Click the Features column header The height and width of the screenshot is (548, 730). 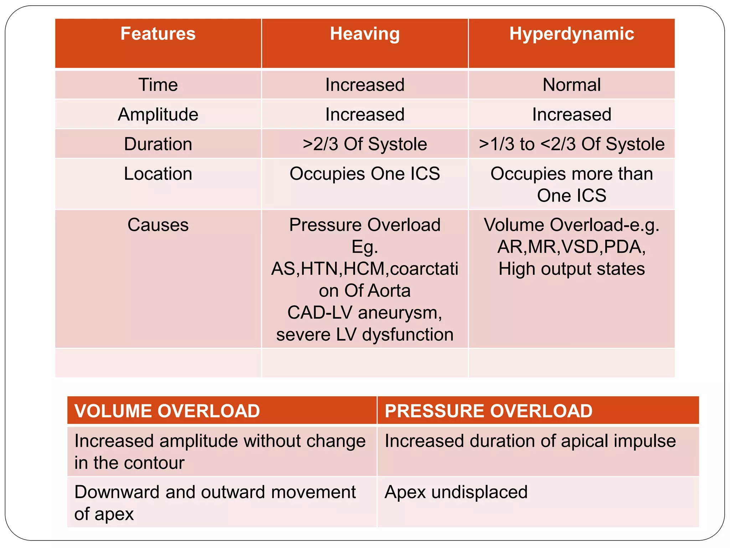pos(158,34)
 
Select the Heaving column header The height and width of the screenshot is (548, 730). pos(365,34)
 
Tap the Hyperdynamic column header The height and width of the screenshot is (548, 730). pos(571,34)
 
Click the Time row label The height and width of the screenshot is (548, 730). pos(158,85)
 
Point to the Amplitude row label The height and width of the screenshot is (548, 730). pos(158,115)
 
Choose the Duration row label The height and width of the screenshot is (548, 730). pos(158,144)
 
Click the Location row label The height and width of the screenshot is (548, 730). pos(158,174)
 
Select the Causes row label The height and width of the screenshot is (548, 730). pos(158,225)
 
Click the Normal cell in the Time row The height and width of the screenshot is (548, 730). pos(571,85)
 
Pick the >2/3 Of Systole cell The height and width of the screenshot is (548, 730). pos(365,144)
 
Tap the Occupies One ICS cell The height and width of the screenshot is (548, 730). pos(365,174)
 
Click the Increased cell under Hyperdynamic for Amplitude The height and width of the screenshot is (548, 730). pos(571,115)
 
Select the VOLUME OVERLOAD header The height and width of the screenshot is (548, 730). pos(167,411)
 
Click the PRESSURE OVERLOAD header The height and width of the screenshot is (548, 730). pos(488,411)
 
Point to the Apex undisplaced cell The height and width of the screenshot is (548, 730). pos(456,492)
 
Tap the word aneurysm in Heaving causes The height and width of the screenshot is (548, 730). pos(400,313)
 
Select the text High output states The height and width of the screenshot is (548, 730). pos(571,269)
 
